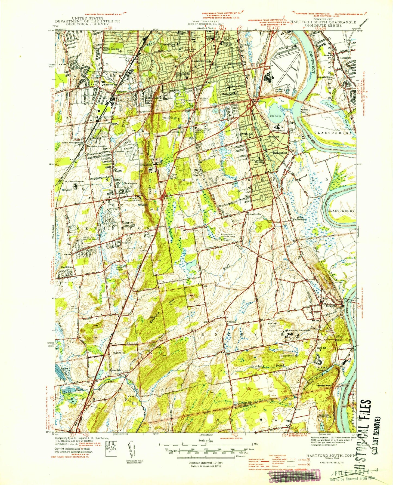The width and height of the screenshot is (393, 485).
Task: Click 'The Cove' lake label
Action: coord(275,116)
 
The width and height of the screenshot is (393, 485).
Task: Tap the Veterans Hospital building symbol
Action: coord(75,186)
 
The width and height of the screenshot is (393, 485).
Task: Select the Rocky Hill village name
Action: coord(332,306)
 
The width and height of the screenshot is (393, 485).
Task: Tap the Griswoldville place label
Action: coord(254,214)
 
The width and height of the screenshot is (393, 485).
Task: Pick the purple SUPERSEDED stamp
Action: coord(293,475)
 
